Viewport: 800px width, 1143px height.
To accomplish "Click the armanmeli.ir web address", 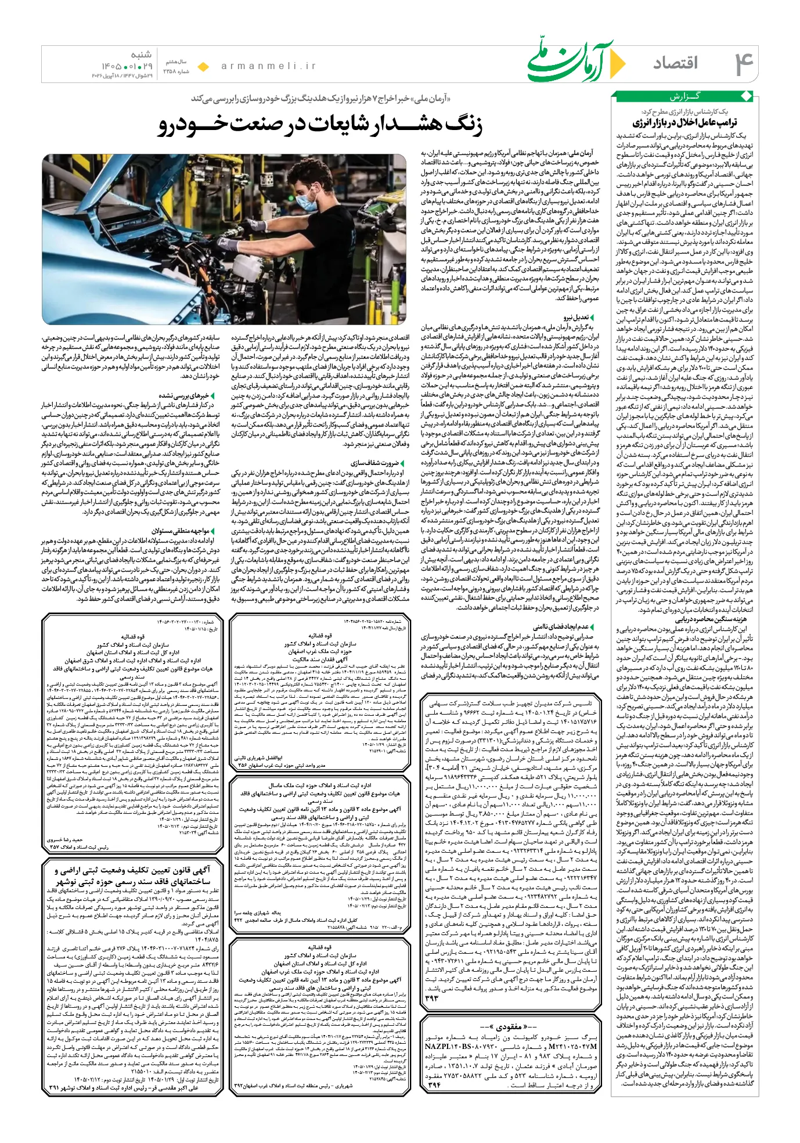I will tap(269, 66).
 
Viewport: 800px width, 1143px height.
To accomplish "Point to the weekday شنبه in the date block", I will tap(140, 55).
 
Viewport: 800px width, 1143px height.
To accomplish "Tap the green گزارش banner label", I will tap(686, 96).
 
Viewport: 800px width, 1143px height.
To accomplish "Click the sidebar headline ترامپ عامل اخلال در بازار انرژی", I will tap(684, 122).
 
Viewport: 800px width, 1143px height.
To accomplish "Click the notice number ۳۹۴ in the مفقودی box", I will tap(434, 1084).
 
